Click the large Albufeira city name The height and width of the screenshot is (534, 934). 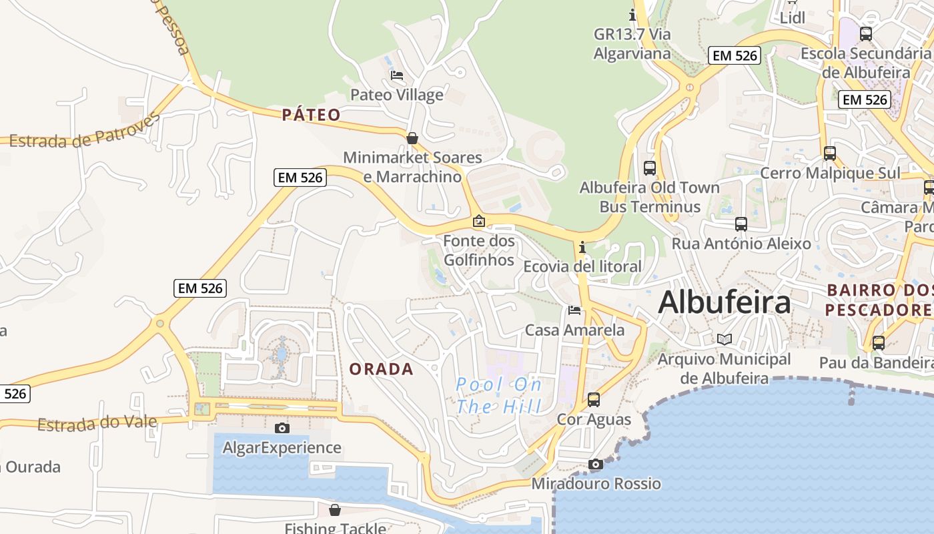(x=724, y=303)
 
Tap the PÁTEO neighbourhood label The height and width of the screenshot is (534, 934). (x=311, y=115)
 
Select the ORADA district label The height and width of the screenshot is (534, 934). (x=381, y=369)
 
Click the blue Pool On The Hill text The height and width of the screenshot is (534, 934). (x=499, y=395)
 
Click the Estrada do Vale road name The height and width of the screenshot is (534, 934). (x=97, y=423)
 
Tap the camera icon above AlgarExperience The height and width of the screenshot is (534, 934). (x=282, y=428)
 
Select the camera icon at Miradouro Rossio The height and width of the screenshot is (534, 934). (x=596, y=464)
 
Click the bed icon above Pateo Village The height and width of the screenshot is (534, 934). (x=397, y=75)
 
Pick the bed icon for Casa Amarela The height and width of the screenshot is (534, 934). (x=574, y=310)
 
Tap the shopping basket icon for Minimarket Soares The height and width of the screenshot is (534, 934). (x=412, y=138)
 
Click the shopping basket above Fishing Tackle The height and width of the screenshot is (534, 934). (x=335, y=510)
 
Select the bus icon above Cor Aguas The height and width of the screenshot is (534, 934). (x=594, y=400)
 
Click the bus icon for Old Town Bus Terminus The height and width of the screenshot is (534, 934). (x=650, y=168)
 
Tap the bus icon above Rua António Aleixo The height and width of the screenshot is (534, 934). (x=741, y=224)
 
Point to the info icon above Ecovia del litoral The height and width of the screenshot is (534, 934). (x=582, y=248)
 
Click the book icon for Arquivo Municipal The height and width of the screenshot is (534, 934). (x=725, y=339)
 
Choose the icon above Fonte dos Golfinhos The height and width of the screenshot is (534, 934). (x=479, y=221)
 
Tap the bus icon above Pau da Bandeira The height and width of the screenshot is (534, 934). (x=879, y=343)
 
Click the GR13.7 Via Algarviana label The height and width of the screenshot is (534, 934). (x=632, y=43)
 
